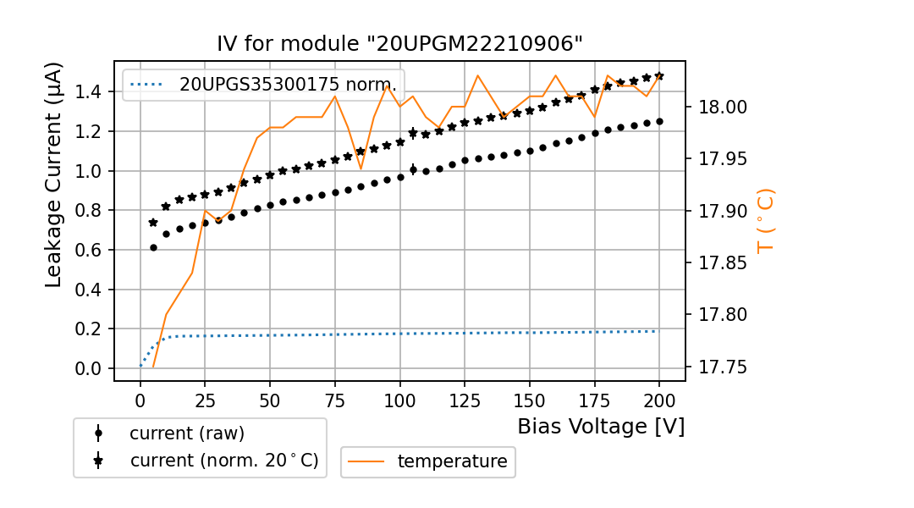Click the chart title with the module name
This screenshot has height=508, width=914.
click(x=399, y=44)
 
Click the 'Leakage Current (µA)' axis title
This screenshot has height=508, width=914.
click(x=53, y=174)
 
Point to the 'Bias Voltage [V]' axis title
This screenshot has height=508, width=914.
click(x=601, y=426)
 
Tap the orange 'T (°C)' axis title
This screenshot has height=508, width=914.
click(x=766, y=220)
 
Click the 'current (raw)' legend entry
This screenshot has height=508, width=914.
click(x=186, y=433)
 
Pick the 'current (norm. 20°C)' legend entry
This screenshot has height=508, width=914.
click(x=223, y=461)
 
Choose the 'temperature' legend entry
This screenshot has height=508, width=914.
click(x=452, y=461)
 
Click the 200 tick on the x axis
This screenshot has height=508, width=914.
click(x=659, y=398)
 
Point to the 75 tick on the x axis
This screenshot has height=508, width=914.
click(x=335, y=398)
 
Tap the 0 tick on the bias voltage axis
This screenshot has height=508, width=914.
click(x=140, y=398)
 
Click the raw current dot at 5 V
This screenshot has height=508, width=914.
click(x=153, y=247)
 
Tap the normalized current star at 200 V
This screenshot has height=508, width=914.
click(x=659, y=76)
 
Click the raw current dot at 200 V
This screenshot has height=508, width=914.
click(x=659, y=121)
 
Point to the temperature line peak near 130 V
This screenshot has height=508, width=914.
click(x=477, y=75)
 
